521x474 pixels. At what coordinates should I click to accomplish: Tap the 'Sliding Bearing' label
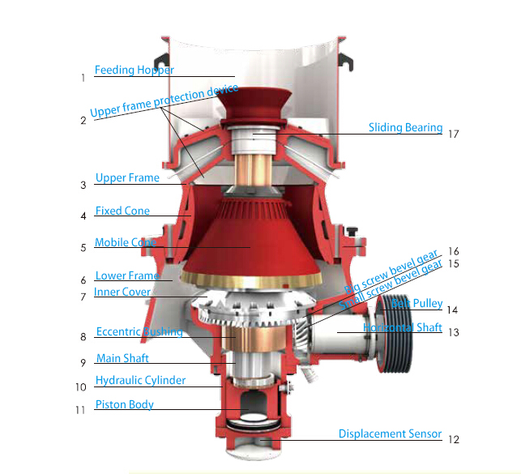(405, 127)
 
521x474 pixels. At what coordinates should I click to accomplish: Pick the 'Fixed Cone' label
(122, 211)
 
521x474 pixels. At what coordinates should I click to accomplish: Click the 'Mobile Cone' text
(124, 242)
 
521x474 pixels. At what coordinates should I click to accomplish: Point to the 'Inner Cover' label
(122, 292)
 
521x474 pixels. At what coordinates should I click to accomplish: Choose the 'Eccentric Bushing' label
(139, 331)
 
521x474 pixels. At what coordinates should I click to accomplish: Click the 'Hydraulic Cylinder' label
(140, 380)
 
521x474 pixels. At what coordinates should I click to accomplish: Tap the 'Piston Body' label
(124, 404)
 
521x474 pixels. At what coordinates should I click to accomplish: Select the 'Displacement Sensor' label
(390, 433)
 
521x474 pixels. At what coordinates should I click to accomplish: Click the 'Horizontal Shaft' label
(403, 327)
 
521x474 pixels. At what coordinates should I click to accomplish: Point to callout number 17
(453, 134)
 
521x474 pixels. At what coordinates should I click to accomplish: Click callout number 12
(453, 439)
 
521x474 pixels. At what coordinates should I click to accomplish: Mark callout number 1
(83, 79)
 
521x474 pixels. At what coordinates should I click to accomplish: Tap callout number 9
(83, 362)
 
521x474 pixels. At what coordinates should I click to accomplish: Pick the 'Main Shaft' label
(122, 358)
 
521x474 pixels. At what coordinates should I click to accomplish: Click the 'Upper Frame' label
(127, 178)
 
